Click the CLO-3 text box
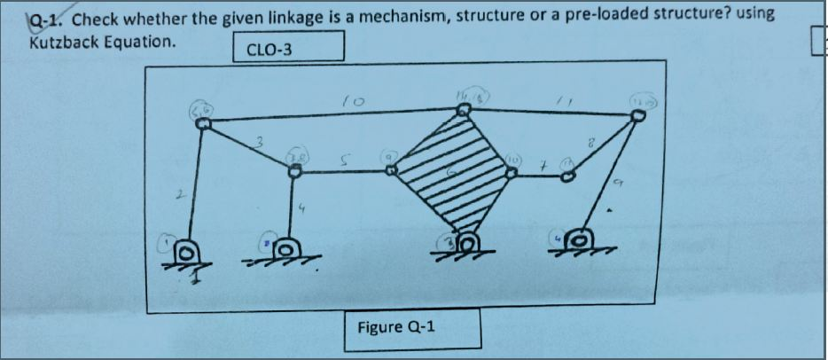point(288,48)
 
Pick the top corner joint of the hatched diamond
point(464,110)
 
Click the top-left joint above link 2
point(202,124)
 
